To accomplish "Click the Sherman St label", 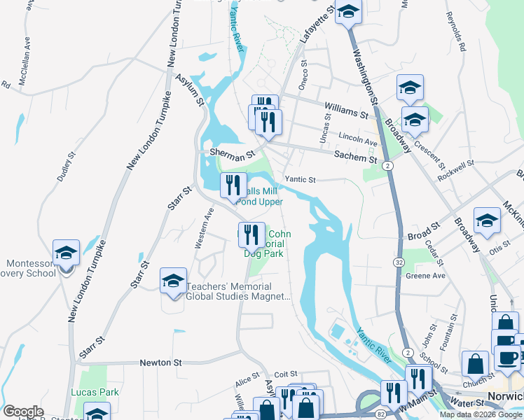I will pyautogui.click(x=230, y=152).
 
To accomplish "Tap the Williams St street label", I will pyautogui.click(x=345, y=109).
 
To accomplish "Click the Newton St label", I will pyautogui.click(x=160, y=363).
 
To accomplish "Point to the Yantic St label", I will pyautogui.click(x=301, y=179).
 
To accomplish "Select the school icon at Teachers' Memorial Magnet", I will pyautogui.click(x=173, y=281).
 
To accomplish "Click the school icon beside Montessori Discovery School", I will pyautogui.click(x=66, y=253).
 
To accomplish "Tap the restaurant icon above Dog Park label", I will pyautogui.click(x=251, y=234).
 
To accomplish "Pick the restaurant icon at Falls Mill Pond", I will pyautogui.click(x=233, y=185).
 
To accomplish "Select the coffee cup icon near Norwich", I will pyautogui.click(x=508, y=357).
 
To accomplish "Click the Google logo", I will pyautogui.click(x=23, y=412).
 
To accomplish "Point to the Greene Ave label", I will pyautogui.click(x=426, y=276).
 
